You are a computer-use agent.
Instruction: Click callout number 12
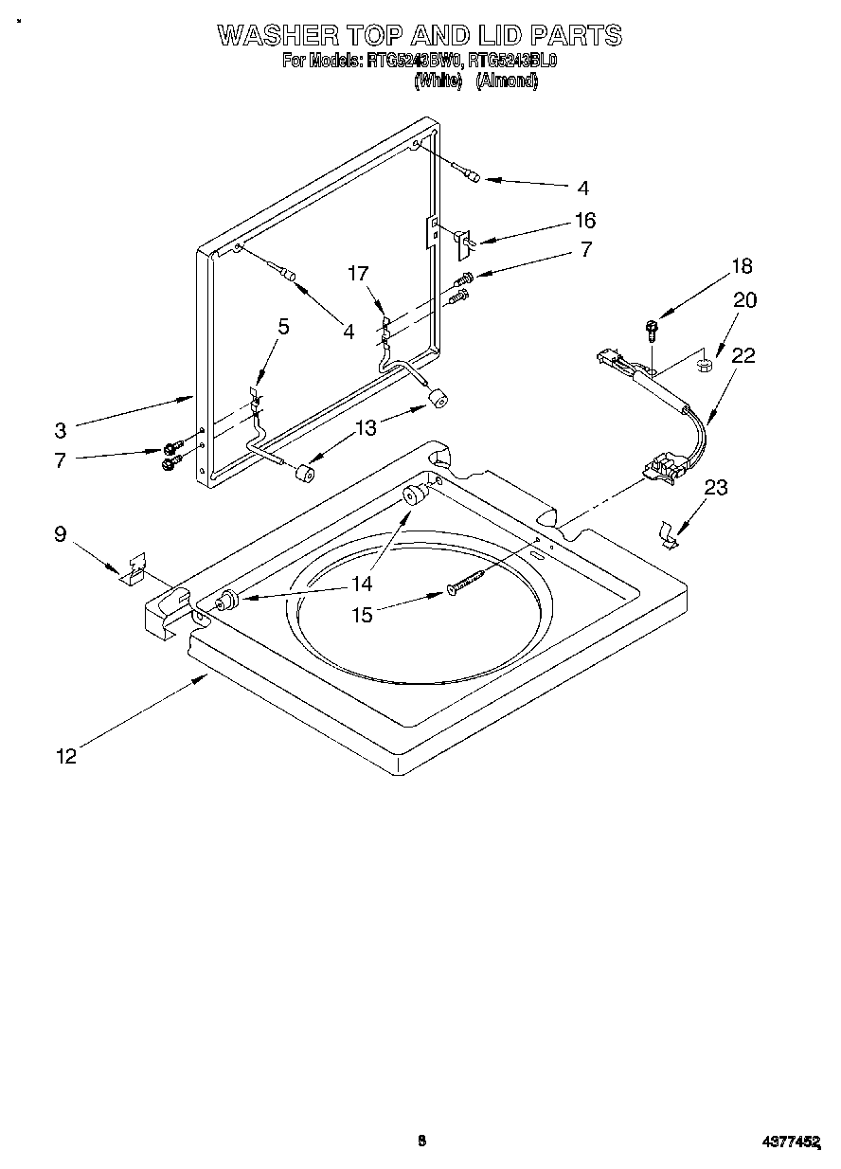(65, 755)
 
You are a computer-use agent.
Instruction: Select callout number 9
(60, 535)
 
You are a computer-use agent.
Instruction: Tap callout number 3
(60, 429)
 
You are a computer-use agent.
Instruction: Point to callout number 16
(585, 221)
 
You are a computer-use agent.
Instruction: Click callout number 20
(745, 299)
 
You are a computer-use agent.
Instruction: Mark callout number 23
(716, 487)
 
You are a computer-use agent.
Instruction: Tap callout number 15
(362, 614)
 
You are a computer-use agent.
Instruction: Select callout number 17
(357, 274)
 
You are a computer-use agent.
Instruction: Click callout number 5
(282, 327)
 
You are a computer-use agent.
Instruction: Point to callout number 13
(365, 427)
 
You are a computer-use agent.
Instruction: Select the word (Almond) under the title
(507, 81)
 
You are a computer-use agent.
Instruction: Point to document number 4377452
(790, 1142)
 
